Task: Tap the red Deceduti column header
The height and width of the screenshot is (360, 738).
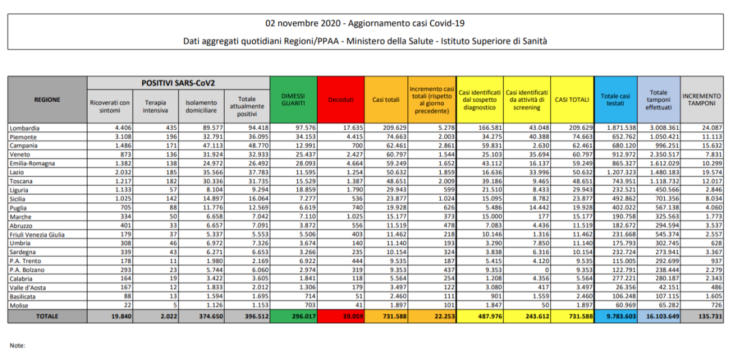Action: pos(340,100)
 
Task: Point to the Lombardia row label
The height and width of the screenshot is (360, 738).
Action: pos(25,128)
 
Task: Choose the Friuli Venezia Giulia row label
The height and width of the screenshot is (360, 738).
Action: pos(37,234)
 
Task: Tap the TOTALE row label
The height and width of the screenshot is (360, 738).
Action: pos(47,316)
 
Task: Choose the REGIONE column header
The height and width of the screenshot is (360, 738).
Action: pos(47,100)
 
